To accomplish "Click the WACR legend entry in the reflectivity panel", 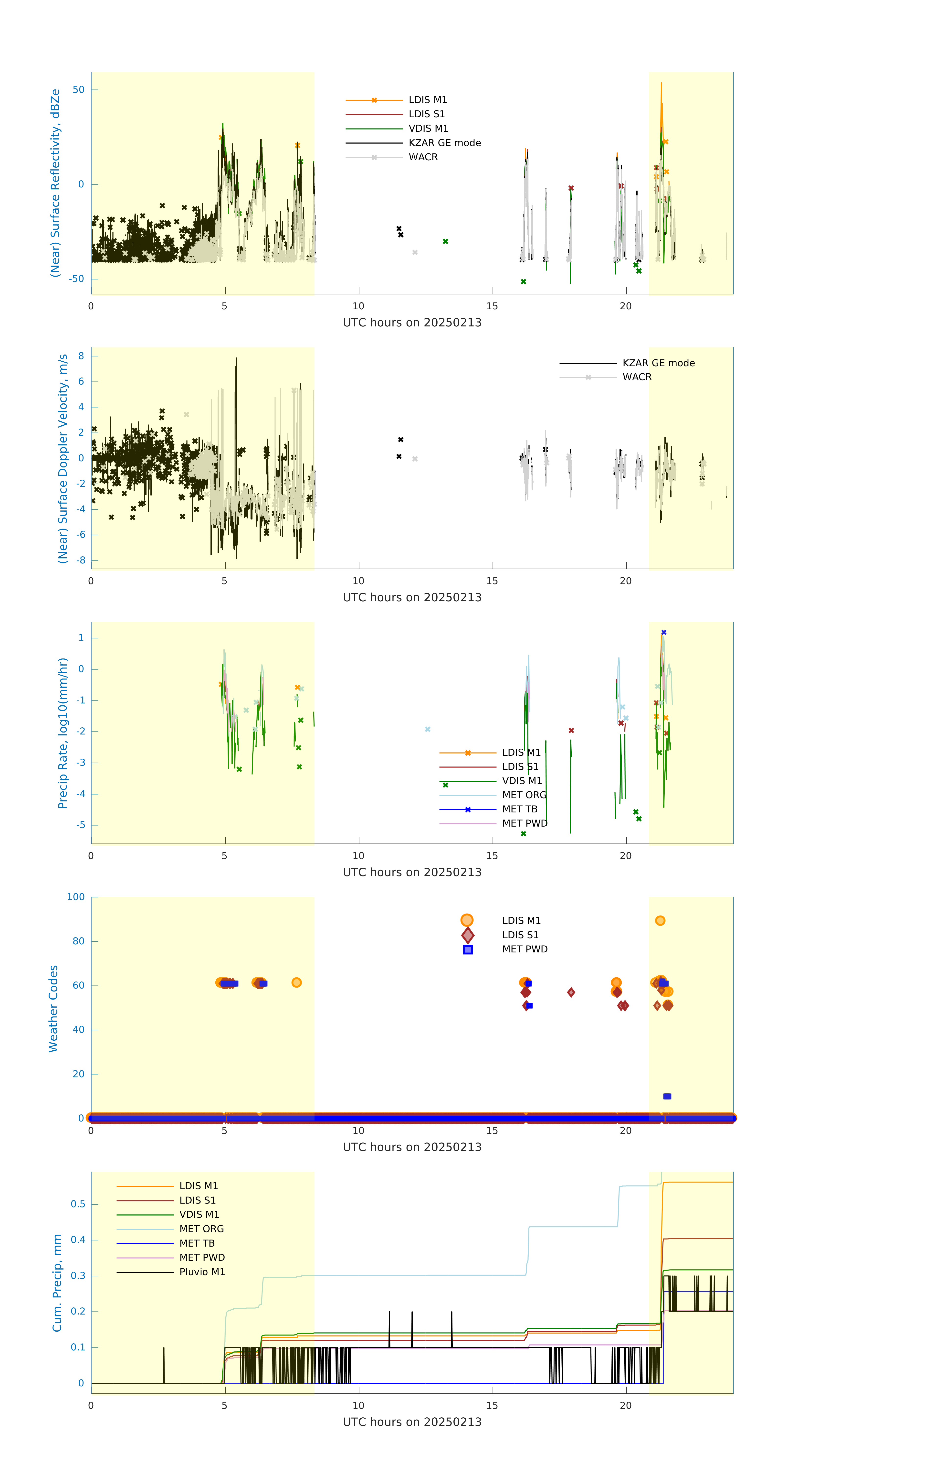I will (423, 157).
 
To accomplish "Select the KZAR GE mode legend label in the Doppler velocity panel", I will (658, 363).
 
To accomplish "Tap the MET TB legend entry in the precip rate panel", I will (520, 809).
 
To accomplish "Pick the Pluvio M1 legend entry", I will (202, 1272).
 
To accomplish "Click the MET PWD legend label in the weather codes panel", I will (525, 949).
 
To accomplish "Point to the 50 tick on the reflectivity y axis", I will (78, 89).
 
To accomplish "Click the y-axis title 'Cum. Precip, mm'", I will (57, 1283).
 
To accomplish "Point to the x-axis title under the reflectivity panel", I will (412, 323).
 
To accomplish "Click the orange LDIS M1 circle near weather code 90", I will (660, 920).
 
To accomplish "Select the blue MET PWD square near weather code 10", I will (667, 1097).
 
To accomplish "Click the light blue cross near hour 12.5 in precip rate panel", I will (428, 729).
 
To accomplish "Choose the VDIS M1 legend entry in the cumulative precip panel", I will (199, 1215).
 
